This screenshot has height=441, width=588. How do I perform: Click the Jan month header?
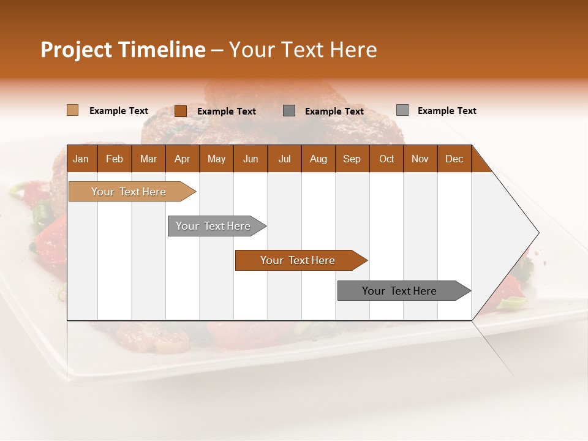(81, 159)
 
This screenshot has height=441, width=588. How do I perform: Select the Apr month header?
(182, 159)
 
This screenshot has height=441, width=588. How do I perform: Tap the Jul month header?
(284, 159)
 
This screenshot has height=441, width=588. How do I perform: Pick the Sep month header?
(352, 159)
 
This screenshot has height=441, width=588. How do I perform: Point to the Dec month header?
(454, 159)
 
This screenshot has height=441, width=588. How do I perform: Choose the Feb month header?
(115, 159)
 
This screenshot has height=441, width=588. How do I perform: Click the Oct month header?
(386, 159)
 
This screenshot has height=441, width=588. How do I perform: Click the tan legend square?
(72, 110)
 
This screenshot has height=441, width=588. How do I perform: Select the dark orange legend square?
(180, 111)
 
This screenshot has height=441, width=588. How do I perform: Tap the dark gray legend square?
(289, 110)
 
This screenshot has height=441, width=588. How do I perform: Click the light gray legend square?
(402, 110)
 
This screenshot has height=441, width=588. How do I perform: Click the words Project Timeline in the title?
(123, 50)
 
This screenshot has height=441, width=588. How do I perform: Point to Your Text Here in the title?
(303, 50)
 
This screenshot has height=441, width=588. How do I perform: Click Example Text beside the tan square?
(118, 111)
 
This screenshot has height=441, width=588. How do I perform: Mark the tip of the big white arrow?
(537, 233)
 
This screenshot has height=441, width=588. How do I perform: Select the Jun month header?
(251, 159)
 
